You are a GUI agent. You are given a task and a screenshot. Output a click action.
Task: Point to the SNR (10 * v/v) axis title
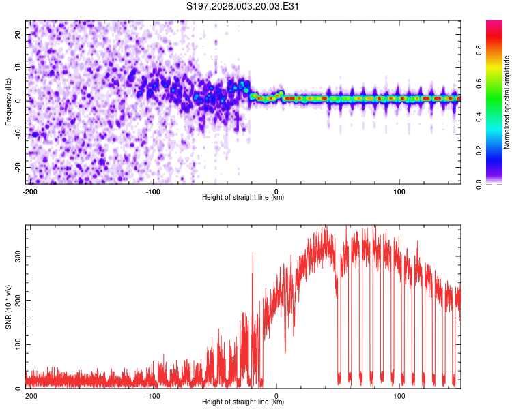tap(9, 307)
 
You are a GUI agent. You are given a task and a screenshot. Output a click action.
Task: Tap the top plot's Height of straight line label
tap(243, 198)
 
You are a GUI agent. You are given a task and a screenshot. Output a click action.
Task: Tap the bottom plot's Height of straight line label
tap(243, 402)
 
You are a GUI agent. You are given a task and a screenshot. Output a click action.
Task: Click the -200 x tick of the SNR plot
tap(29, 395)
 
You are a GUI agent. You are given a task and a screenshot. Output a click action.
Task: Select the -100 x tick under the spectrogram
tap(152, 191)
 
